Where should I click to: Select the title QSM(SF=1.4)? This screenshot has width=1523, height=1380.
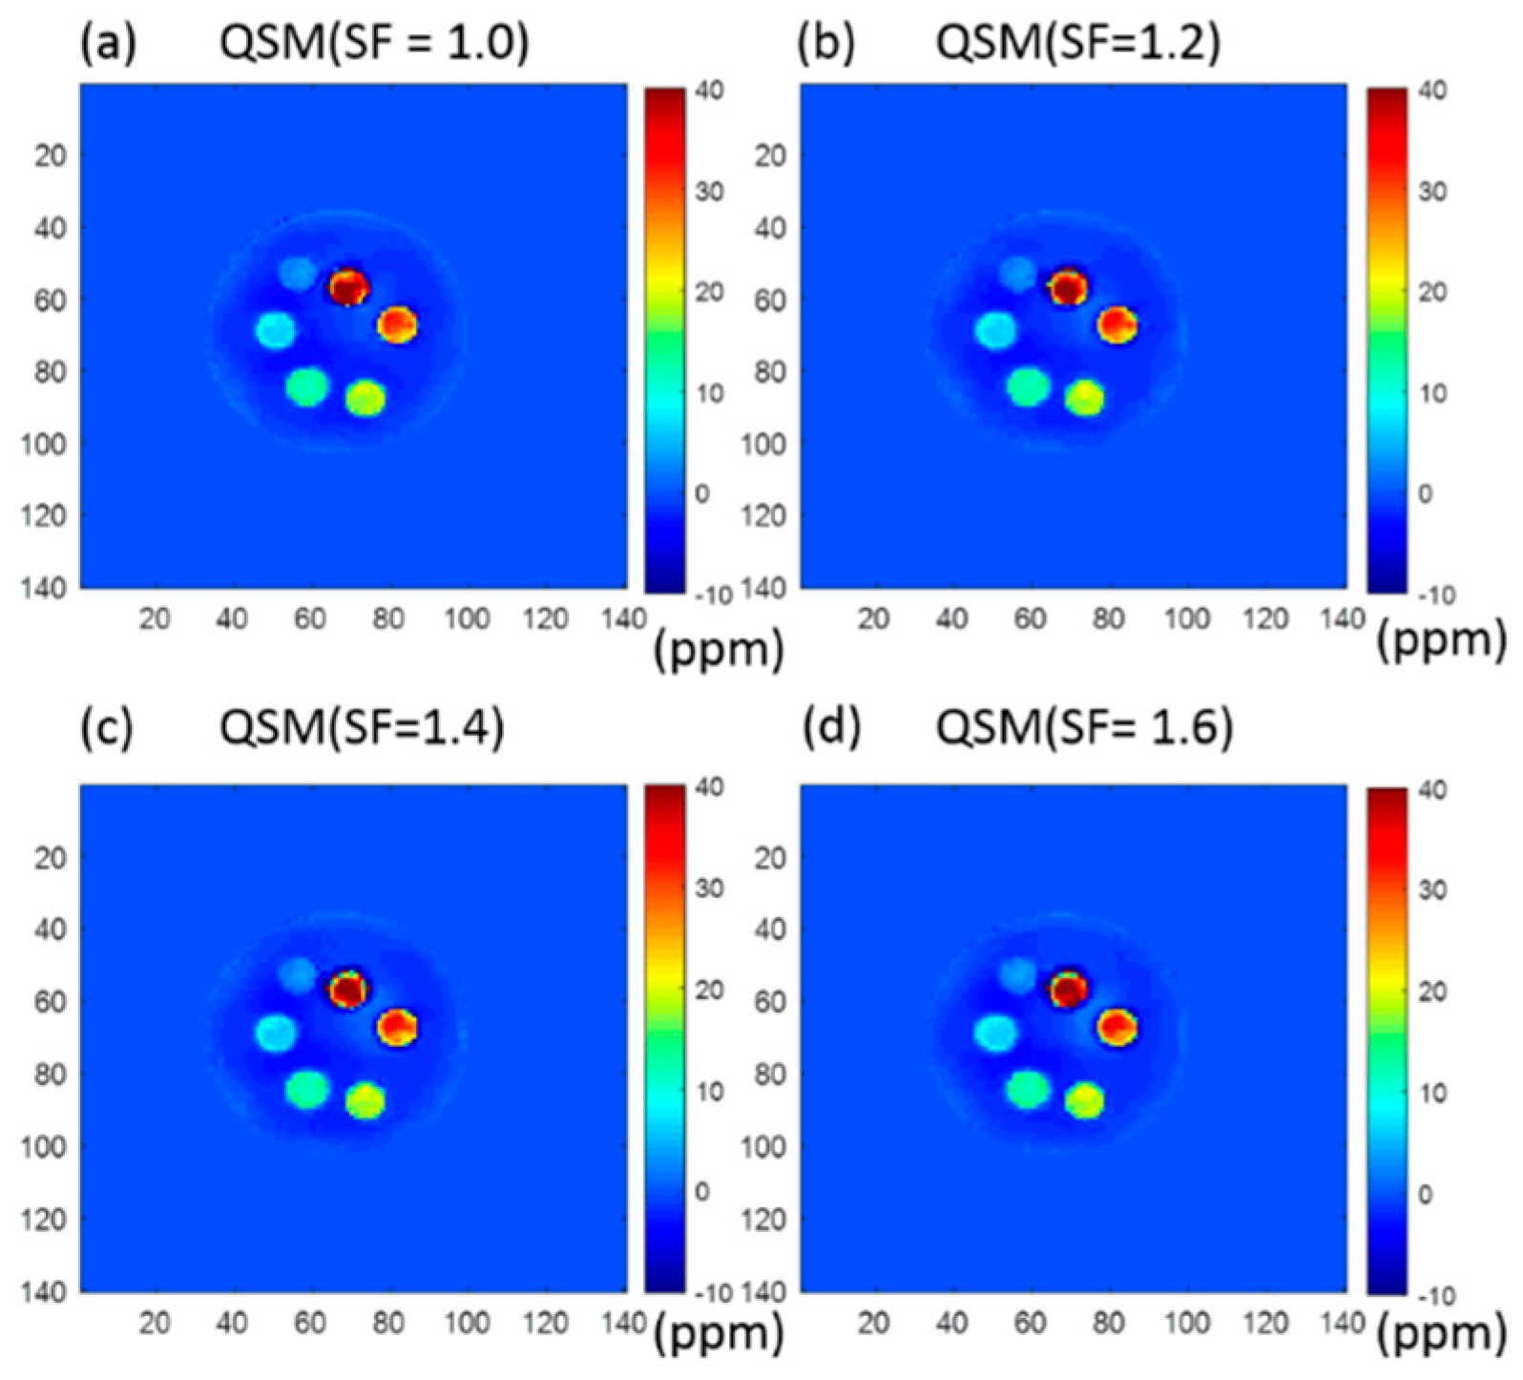click(362, 729)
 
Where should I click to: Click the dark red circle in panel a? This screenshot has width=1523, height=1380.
click(348, 286)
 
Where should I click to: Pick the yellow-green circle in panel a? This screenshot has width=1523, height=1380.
click(365, 398)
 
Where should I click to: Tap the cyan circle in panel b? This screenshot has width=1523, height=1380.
click(995, 331)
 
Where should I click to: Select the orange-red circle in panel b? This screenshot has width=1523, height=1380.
click(1116, 324)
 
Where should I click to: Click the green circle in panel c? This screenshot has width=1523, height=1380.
click(307, 1089)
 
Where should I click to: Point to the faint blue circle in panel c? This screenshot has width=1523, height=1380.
click(298, 974)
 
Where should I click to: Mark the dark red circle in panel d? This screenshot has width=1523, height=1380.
click(1068, 989)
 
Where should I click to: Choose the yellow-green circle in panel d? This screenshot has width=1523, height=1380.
click(1085, 1100)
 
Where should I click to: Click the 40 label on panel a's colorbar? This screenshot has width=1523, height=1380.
click(710, 91)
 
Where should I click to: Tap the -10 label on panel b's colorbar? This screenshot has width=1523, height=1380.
click(1428, 596)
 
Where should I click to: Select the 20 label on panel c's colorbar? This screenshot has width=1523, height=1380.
click(709, 991)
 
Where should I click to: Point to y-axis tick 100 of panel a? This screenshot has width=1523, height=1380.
click(44, 444)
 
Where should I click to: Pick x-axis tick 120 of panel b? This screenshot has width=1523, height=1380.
click(1265, 619)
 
